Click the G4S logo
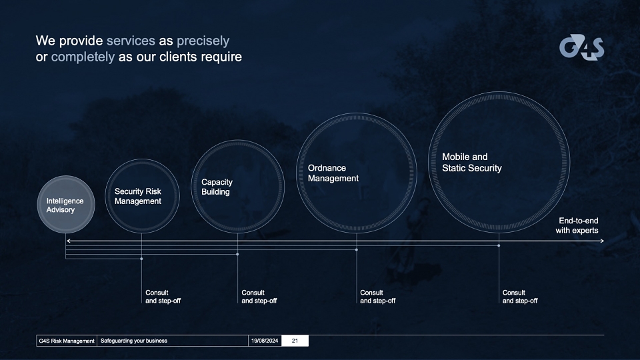581,47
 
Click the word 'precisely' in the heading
203,41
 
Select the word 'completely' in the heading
83,57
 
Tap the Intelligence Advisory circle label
65,205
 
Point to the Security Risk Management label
138,196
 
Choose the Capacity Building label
217,187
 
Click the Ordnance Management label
333,173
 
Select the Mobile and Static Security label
472,163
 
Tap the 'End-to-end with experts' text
577,225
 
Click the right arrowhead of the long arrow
602,241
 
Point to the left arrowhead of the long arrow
69,241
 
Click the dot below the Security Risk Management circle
141,259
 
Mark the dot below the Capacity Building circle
237,254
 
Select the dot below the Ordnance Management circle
356,250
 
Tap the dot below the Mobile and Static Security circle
499,245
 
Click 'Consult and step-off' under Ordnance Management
377,297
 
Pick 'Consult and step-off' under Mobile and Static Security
520,297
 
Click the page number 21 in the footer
295,341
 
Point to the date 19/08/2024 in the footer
265,341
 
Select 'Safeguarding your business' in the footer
134,341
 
